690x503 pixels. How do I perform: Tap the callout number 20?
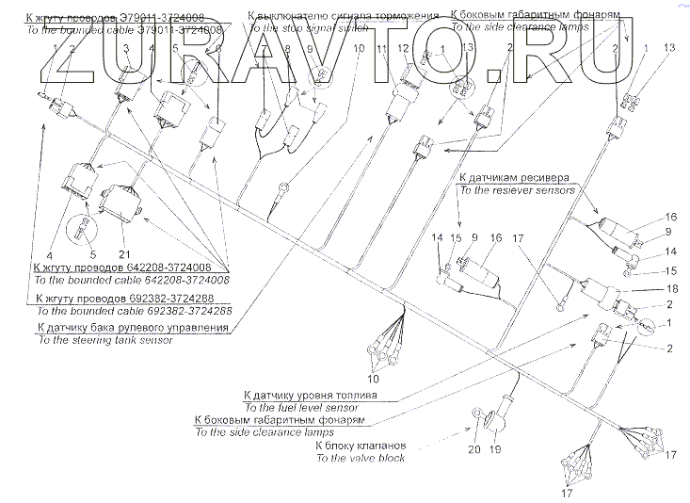point(473,448)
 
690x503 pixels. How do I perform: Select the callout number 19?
point(496,448)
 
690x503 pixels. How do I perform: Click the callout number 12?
point(403,47)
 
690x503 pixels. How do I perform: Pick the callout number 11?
point(380,47)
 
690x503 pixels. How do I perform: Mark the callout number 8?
point(288,47)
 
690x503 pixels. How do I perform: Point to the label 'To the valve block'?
point(361,458)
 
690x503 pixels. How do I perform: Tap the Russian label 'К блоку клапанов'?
point(361,445)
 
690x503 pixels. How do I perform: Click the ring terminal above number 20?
point(476,414)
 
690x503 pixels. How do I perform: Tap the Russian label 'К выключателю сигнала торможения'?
point(344,16)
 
